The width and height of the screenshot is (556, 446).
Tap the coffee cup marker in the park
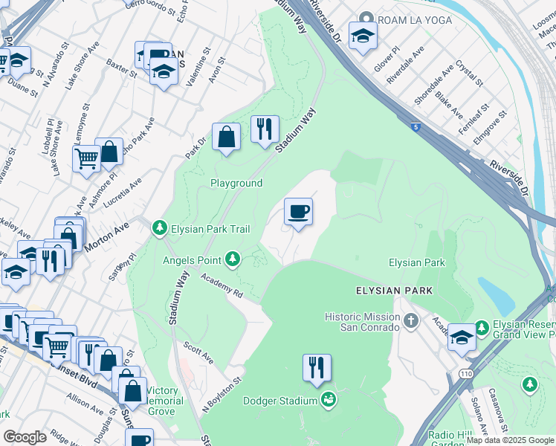(298, 213)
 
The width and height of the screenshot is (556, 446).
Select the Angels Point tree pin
(233, 259)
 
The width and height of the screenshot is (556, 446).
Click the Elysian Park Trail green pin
(159, 227)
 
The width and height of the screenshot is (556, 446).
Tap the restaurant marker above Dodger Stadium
(317, 368)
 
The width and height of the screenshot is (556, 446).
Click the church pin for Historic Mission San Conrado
(411, 321)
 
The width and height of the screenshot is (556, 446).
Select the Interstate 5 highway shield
(413, 128)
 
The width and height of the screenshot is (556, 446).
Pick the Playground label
(236, 183)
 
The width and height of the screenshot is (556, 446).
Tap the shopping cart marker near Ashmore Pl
(86, 158)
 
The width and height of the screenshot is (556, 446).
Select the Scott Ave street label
(199, 353)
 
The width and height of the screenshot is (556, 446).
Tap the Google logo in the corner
(25, 437)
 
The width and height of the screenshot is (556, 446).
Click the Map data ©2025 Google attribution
(510, 440)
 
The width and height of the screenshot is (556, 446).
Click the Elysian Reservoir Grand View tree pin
(482, 326)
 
